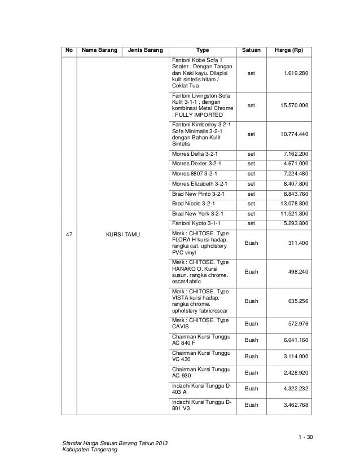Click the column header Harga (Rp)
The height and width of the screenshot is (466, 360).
[x=289, y=51]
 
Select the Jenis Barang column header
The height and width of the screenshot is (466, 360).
[x=145, y=51]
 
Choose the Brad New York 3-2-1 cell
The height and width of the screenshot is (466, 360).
[x=197, y=213]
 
